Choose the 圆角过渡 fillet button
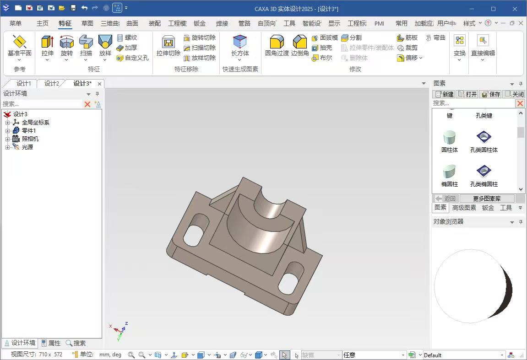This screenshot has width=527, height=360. [x=277, y=46]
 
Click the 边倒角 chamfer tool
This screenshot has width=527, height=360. [x=300, y=46]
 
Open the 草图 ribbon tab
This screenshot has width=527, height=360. [x=87, y=23]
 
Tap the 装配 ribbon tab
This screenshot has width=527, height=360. [x=155, y=23]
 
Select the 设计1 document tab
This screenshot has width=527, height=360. [x=23, y=83]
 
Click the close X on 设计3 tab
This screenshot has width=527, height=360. [x=99, y=84]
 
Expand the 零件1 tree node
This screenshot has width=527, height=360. [x=7, y=131]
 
